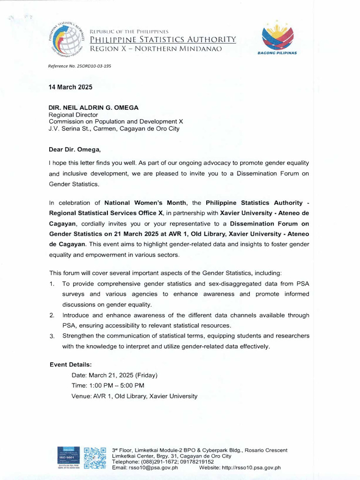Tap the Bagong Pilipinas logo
tap(277, 38)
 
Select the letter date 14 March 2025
tap(71, 87)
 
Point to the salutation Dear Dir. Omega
tap(75, 150)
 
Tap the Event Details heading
tap(71, 365)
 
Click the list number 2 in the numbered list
tap(52, 315)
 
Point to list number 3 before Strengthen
tap(52, 336)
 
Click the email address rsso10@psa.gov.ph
tap(155, 467)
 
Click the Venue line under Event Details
tap(135, 396)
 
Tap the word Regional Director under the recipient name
tap(74, 114)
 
